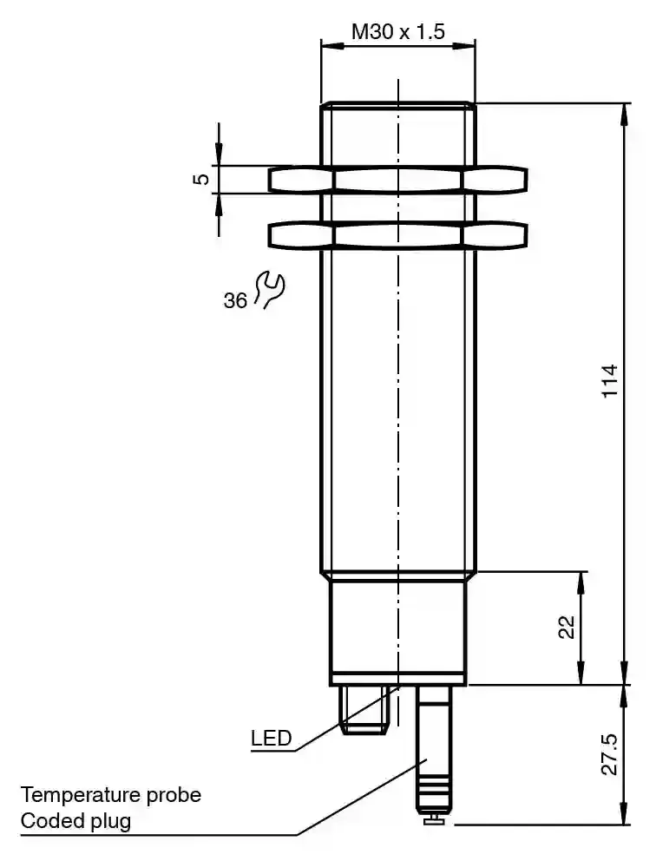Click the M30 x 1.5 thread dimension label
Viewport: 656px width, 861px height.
pyautogui.click(x=398, y=32)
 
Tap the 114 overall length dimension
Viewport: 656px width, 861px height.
pyautogui.click(x=610, y=380)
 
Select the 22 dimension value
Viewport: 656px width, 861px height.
pyautogui.click(x=567, y=628)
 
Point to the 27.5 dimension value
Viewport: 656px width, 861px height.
pyautogui.click(x=610, y=754)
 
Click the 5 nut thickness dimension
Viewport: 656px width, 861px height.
pyautogui.click(x=202, y=179)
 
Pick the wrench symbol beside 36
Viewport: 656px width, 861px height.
pyautogui.click(x=269, y=289)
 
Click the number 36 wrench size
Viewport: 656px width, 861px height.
pyautogui.click(x=235, y=301)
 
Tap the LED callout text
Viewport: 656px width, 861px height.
pyautogui.click(x=272, y=739)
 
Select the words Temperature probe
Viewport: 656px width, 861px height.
pyautogui.click(x=111, y=795)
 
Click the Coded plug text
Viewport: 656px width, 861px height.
pyautogui.click(x=75, y=821)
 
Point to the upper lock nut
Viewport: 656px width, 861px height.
pyautogui.click(x=398, y=179)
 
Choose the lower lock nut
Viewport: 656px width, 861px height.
pyautogui.click(x=398, y=235)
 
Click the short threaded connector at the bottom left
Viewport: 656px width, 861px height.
pyautogui.click(x=364, y=710)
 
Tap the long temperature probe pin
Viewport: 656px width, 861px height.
pyautogui.click(x=434, y=751)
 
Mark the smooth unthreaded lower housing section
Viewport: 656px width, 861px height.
pyautogui.click(x=398, y=628)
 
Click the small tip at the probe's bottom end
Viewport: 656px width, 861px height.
pyautogui.click(x=434, y=820)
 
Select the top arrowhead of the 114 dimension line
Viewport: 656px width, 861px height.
pyautogui.click(x=625, y=112)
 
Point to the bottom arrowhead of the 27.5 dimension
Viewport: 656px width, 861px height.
pyautogui.click(x=625, y=815)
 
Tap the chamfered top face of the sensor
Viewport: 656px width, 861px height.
pyautogui.click(x=398, y=104)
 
